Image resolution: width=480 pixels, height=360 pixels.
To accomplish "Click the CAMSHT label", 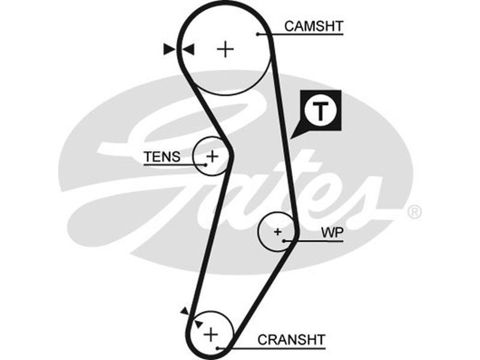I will (x=313, y=26).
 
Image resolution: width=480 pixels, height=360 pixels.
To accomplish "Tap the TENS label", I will (x=161, y=157).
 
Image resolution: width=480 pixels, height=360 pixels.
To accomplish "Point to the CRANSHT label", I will (x=291, y=340).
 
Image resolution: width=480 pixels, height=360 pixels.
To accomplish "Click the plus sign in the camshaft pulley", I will (x=226, y=49).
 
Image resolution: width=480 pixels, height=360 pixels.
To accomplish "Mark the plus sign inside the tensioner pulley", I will (x=211, y=157).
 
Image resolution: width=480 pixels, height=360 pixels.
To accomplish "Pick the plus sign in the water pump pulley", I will (x=277, y=231).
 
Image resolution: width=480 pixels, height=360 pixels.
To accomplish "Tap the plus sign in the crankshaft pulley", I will (x=211, y=333).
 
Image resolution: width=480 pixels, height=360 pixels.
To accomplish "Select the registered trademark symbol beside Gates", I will (x=415, y=212).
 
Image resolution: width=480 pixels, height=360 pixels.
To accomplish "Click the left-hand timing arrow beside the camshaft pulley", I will (x=170, y=49).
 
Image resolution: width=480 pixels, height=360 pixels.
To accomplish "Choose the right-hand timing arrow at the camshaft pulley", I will (x=188, y=49).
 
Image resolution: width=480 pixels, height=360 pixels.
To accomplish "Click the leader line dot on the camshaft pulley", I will (x=257, y=34).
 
